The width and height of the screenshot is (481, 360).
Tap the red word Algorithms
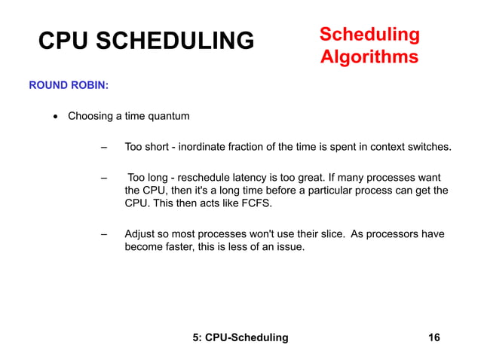369,57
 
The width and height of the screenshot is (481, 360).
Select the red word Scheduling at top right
369,35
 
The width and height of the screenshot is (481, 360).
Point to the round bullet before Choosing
55,117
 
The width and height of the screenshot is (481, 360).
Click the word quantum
169,116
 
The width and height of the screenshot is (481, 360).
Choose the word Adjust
140,233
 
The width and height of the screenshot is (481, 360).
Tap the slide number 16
434,337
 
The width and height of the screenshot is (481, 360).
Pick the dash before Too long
104,178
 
